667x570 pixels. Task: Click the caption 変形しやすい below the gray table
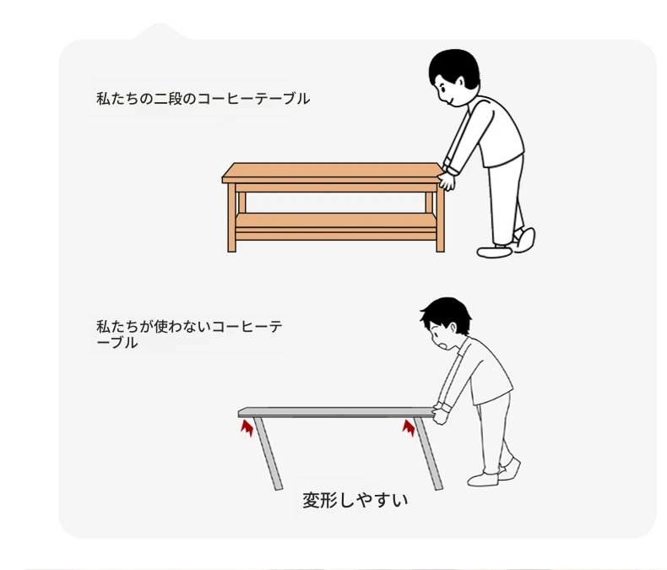[x=355, y=501]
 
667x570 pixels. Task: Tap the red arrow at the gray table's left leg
[x=247, y=428]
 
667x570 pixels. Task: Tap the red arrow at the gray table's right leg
[x=409, y=427]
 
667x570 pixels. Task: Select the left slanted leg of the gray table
[x=268, y=453]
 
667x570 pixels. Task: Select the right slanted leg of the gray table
[x=428, y=453]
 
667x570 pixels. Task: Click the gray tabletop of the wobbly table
[x=336, y=412]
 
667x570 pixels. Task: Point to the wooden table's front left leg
[x=232, y=217]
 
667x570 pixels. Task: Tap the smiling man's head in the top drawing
[x=454, y=78]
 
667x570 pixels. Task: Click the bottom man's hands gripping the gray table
[x=441, y=414]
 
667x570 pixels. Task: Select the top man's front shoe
[x=494, y=252]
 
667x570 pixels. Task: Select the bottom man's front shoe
[x=483, y=480]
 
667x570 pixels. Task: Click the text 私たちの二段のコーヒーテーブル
[x=203, y=99]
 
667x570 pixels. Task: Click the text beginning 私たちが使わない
[x=189, y=334]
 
